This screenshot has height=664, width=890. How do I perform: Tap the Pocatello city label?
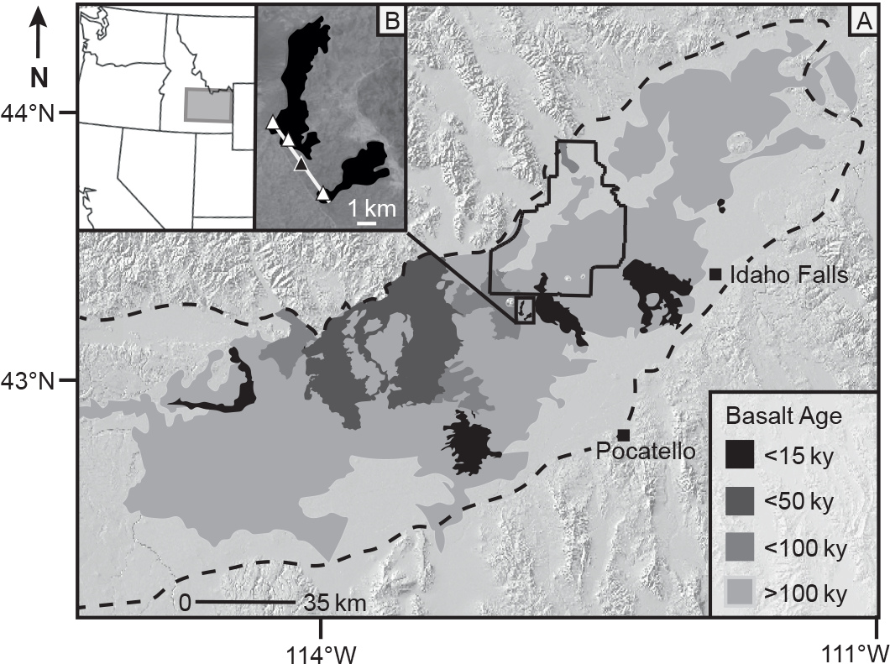click(645, 451)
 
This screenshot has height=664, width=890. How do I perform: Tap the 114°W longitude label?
click(320, 651)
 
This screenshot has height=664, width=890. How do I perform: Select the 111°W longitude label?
click(856, 651)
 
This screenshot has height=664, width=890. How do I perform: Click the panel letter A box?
click(861, 24)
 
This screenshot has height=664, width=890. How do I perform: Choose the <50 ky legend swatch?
click(740, 502)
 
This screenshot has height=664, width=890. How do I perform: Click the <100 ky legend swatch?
click(740, 548)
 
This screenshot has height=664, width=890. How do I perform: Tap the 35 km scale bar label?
click(335, 602)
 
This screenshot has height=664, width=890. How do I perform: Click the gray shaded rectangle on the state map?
click(207, 106)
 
